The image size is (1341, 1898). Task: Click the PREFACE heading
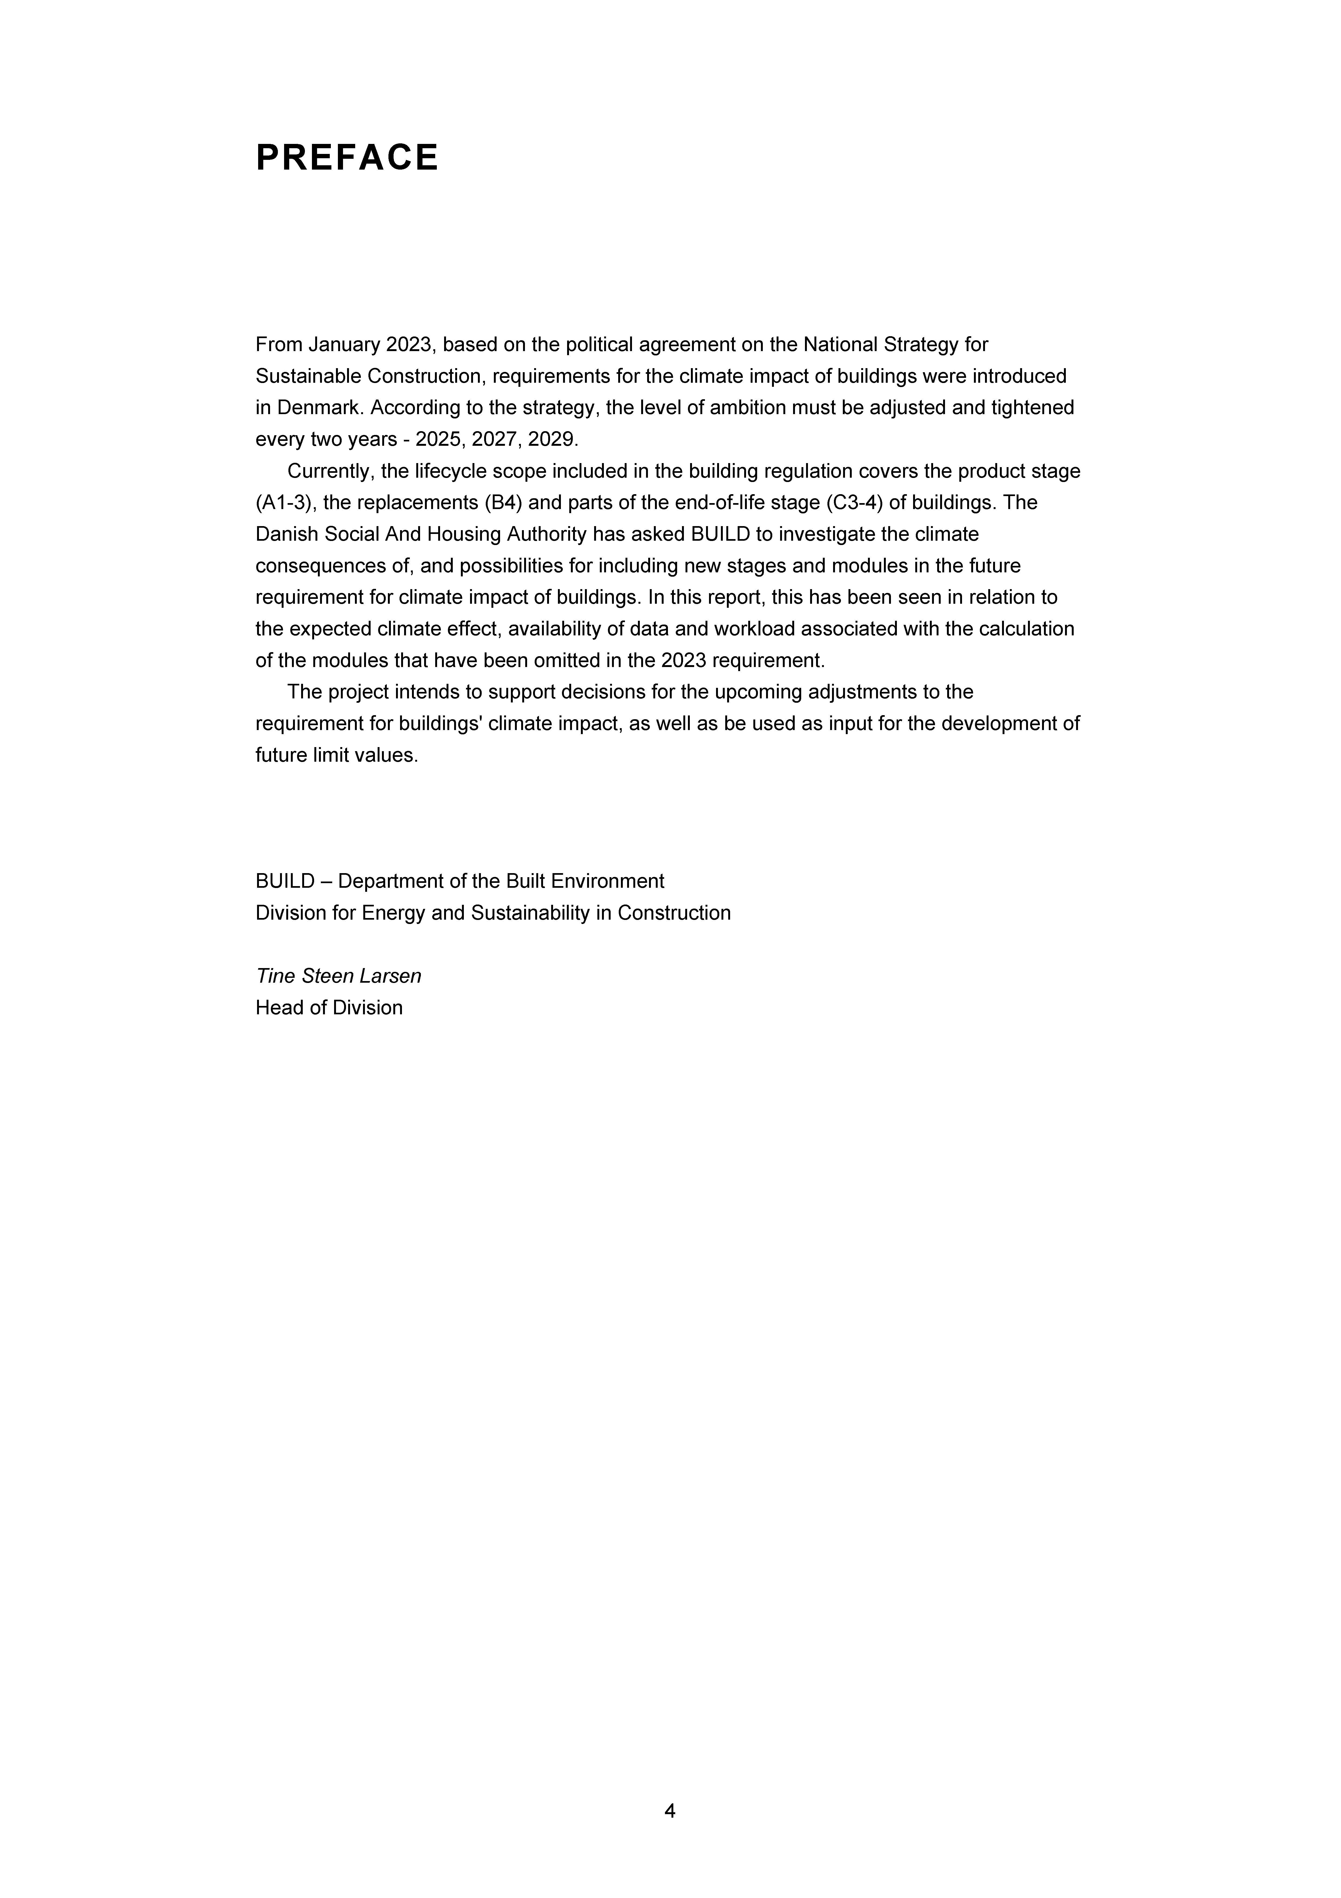[x=347, y=158]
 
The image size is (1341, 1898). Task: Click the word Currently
[x=331, y=471]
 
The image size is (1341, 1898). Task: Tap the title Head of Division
[x=329, y=1008]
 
